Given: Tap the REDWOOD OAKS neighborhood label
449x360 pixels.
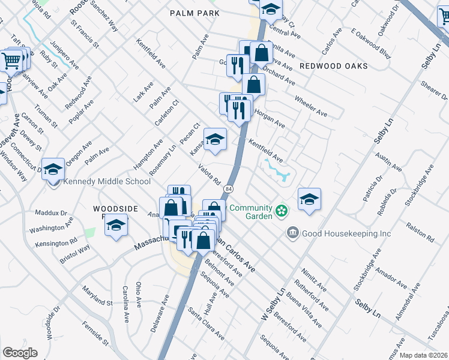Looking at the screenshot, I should point(333,66).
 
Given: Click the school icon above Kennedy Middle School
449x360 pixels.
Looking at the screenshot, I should point(53,169).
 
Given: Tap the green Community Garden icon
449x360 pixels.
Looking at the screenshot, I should point(280,211).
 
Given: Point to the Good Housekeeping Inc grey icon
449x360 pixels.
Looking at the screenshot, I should point(293,232).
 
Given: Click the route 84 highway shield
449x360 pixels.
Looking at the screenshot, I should point(228,188).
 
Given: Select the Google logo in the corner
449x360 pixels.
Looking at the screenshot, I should point(20,352).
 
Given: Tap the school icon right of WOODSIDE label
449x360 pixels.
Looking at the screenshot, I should point(115,226).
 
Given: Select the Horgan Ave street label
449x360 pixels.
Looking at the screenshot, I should point(270,118).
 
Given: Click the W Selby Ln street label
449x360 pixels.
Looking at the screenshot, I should point(271,304).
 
